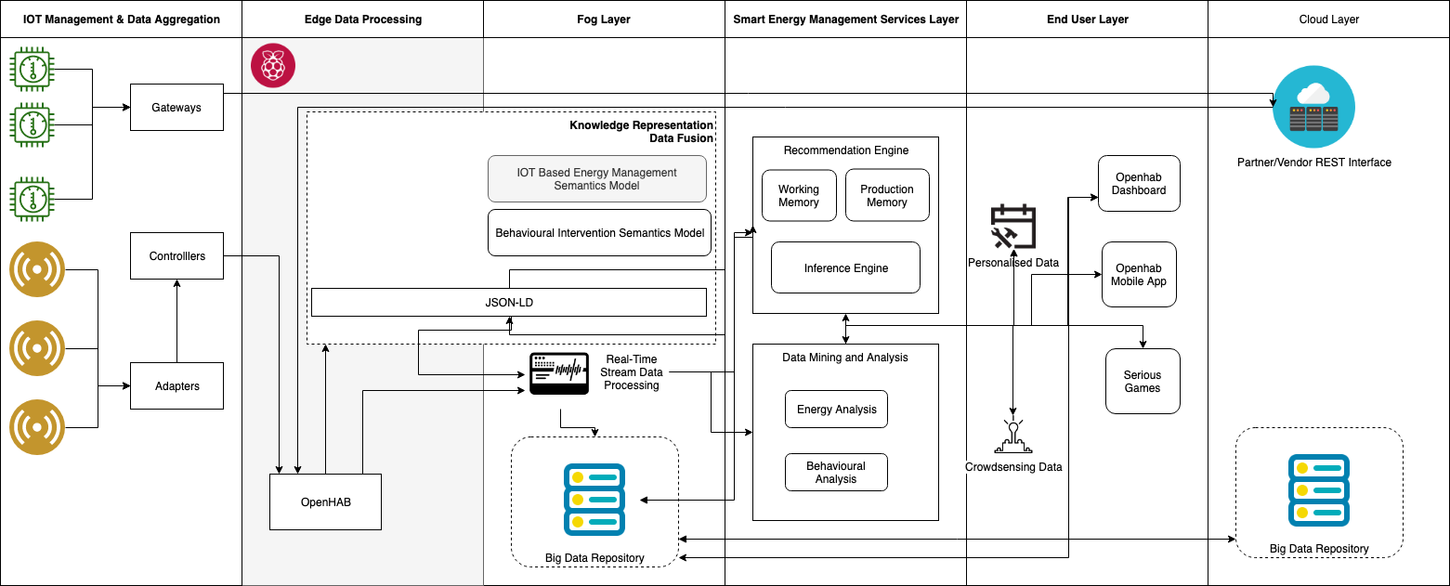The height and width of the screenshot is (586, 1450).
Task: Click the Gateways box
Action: click(x=176, y=107)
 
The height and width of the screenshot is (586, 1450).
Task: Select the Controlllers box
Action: click(x=176, y=255)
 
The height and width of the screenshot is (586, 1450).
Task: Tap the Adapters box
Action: click(x=176, y=385)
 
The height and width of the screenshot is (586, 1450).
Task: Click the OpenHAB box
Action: click(x=325, y=501)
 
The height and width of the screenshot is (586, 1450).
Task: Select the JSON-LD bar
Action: click(x=508, y=302)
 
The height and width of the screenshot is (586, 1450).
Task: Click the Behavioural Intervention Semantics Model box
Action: click(x=599, y=232)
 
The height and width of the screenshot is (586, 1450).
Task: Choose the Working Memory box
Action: click(x=799, y=195)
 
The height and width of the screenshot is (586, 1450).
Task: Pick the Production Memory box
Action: click(x=887, y=195)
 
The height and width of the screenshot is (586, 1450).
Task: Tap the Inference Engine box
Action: click(x=845, y=267)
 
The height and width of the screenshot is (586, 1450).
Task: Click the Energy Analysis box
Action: click(x=836, y=409)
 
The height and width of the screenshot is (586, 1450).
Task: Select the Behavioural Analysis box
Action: click(x=836, y=472)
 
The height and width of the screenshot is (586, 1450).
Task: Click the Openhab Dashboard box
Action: click(x=1139, y=183)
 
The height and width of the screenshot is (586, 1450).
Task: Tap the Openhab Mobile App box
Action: click(x=1139, y=274)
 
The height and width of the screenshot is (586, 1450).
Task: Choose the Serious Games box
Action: click(x=1143, y=381)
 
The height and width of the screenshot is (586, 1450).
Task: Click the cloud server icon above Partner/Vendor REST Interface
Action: click(x=1313, y=107)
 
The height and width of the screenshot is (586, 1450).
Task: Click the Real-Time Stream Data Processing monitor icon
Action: click(x=558, y=373)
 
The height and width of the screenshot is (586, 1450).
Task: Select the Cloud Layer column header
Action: click(x=1328, y=19)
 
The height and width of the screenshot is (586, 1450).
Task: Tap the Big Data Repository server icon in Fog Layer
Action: click(x=594, y=497)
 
